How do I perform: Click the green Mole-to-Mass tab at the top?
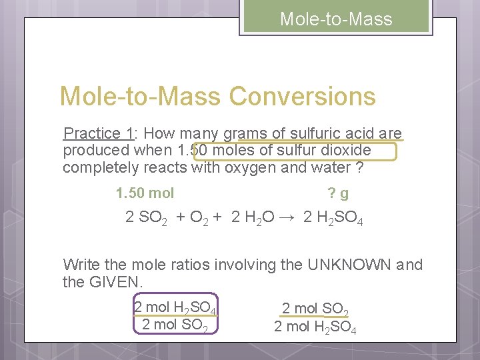335,19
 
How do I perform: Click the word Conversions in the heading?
303,97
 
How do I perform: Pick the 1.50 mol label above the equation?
145,193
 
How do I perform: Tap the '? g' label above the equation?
338,193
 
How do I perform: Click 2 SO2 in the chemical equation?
146,218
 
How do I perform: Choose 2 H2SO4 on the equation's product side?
333,218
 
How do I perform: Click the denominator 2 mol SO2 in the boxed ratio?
175,325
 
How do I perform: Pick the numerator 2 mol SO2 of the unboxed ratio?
315,309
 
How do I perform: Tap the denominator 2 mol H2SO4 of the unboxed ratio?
315,328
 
